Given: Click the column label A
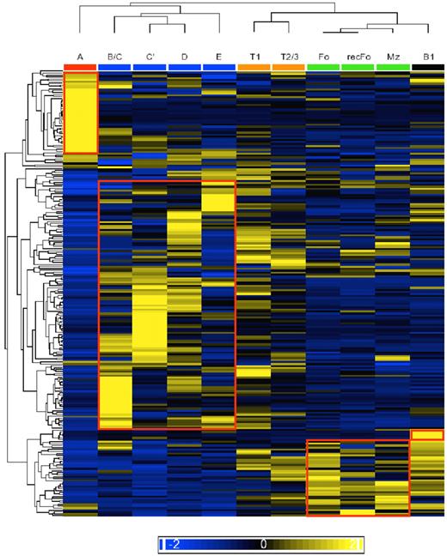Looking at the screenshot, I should (x=81, y=57).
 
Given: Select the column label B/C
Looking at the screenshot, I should (x=115, y=57).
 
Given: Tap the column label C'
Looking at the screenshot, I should (x=150, y=57).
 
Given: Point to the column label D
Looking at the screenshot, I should (x=184, y=57).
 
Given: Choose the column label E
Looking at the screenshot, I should (x=218, y=57).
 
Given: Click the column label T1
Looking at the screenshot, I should (x=254, y=57).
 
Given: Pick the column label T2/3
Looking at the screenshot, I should (x=288, y=57).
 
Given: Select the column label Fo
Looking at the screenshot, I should (x=322, y=57).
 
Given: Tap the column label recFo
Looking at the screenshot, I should (x=358, y=57).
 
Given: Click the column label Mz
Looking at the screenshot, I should (x=392, y=57).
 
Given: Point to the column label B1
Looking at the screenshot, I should (x=427, y=57).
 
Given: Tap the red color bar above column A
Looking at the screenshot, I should (x=81, y=66).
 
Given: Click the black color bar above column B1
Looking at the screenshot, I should (x=427, y=66).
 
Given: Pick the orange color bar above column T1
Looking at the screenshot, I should (x=254, y=66).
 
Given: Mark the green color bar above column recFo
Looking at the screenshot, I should (x=358, y=66).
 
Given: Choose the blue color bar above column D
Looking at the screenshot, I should (x=184, y=66).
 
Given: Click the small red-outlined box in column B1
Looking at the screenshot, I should (x=427, y=435).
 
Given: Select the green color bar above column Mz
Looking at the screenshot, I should (x=392, y=66).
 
